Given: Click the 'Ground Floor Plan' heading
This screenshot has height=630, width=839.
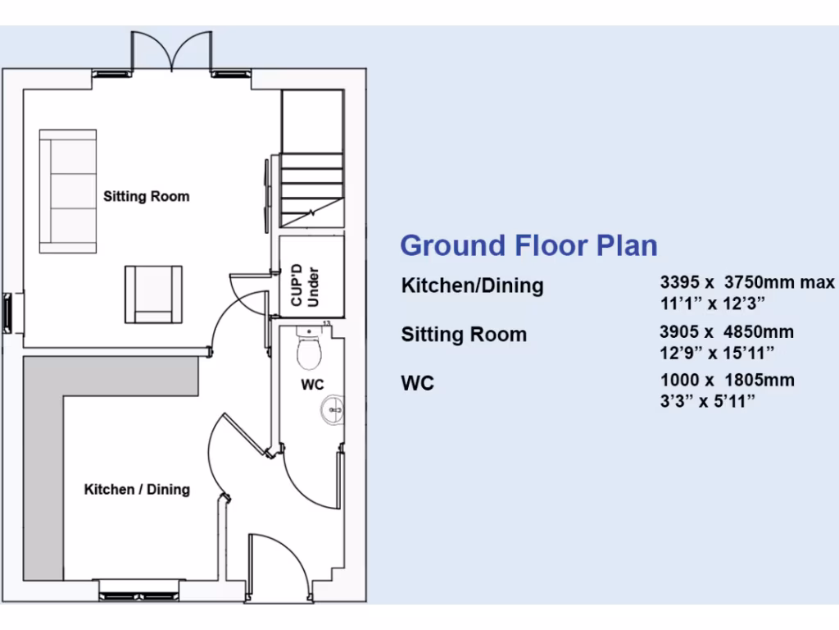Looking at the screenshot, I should [x=528, y=245].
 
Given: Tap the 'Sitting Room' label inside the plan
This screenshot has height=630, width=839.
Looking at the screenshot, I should [x=146, y=197].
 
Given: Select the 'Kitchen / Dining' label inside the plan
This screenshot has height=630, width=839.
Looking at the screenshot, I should [x=137, y=490].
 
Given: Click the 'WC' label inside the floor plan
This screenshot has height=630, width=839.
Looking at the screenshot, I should [x=313, y=385].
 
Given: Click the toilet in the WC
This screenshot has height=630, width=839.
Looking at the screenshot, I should [x=309, y=351].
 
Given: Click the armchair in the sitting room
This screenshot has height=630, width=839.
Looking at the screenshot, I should [x=153, y=294].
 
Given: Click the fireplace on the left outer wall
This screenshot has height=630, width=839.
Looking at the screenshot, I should [x=9, y=313].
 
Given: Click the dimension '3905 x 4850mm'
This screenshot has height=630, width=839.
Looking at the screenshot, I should [x=727, y=332].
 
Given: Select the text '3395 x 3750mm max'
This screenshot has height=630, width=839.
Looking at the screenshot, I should [x=746, y=282].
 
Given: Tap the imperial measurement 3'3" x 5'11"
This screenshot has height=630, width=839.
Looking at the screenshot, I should [x=707, y=399].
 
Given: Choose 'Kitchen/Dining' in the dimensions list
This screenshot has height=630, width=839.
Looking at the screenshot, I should [x=472, y=286].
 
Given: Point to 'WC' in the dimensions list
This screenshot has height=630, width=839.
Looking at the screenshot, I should [x=417, y=383].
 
